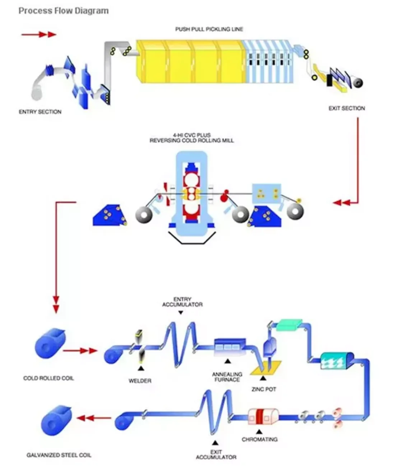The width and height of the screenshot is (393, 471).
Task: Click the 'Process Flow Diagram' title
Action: click(x=63, y=11)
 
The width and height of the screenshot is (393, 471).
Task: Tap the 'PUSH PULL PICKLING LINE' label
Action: click(x=209, y=29)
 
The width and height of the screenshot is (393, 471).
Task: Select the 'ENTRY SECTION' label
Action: click(x=40, y=112)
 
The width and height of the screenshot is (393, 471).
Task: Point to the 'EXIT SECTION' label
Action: click(x=346, y=108)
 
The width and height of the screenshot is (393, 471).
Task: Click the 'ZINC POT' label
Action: click(x=264, y=389)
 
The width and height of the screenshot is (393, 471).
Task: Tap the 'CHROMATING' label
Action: click(x=259, y=439)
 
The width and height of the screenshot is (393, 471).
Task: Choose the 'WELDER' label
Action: click(x=140, y=381)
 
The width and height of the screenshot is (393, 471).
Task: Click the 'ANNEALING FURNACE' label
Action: click(x=227, y=377)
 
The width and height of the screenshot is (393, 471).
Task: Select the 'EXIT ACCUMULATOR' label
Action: click(x=216, y=454)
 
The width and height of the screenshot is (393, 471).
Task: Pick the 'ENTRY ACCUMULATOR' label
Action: click(x=182, y=302)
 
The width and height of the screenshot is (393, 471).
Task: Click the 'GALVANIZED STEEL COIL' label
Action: click(x=59, y=455)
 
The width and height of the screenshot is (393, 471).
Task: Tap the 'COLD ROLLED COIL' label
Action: click(x=48, y=378)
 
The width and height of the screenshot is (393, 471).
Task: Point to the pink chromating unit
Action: click(x=263, y=417)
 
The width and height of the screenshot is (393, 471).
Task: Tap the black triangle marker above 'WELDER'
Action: click(x=141, y=368)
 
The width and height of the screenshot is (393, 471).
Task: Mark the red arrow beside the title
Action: click(x=39, y=34)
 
